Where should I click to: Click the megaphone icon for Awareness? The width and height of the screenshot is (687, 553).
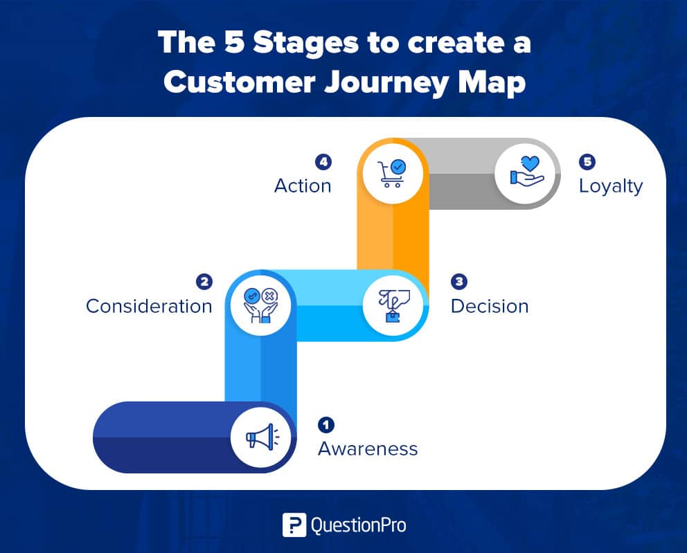point(262,437)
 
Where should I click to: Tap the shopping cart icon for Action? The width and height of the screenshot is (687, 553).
point(392,174)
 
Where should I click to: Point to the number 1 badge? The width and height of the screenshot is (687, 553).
point(326,424)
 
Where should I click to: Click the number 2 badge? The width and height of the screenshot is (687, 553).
point(204,282)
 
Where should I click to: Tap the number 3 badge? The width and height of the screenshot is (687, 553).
point(459,281)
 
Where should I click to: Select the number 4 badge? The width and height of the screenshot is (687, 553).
point(323,162)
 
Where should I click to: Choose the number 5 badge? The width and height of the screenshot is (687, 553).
point(587,162)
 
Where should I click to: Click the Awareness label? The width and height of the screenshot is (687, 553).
point(368,448)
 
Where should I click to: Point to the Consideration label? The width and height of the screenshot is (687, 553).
point(149,306)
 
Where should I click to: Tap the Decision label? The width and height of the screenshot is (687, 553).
point(490,306)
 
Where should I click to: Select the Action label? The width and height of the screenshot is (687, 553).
point(303,185)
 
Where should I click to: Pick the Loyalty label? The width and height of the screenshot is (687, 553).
point(611,186)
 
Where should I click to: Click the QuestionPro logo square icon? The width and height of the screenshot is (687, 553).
point(294,525)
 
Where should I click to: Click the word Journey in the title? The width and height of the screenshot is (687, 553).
point(386,83)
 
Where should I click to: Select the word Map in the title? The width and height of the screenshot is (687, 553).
point(492,83)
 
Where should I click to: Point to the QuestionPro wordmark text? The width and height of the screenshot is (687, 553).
point(359,525)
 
